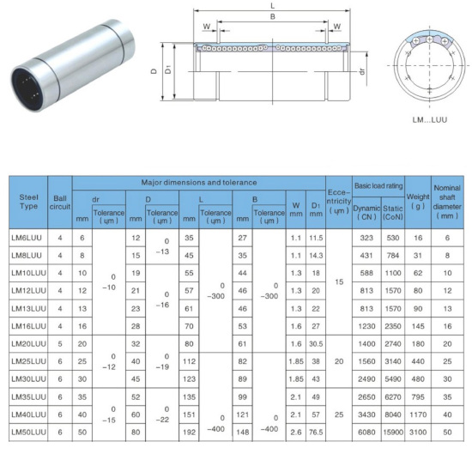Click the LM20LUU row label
[29, 344]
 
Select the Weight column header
[418, 202]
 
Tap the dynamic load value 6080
[366, 433]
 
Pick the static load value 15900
[393, 433]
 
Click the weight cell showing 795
[418, 397]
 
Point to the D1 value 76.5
[316, 433]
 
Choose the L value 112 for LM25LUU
[189, 361]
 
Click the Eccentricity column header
[339, 202]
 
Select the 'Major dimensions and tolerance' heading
[199, 183]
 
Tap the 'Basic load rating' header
[378, 185]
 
